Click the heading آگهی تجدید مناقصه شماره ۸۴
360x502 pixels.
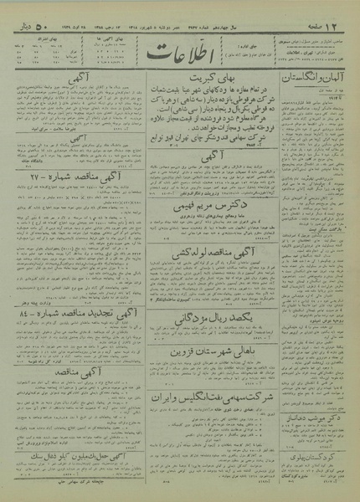pyautogui.click(x=69, y=316)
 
